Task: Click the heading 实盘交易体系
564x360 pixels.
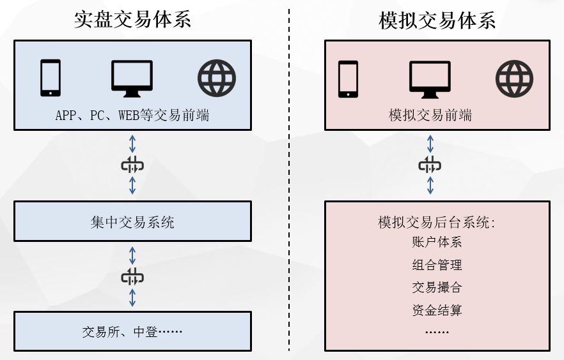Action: (x=132, y=20)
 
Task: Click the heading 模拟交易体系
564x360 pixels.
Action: (x=437, y=20)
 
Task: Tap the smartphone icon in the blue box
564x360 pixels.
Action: (x=51, y=78)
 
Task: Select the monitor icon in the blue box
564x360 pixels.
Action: (x=132, y=79)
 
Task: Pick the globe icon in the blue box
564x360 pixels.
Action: (x=217, y=79)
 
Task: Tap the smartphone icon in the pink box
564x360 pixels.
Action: (x=348, y=79)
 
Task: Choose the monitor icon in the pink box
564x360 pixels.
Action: (x=430, y=79)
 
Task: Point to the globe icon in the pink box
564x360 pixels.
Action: (x=514, y=79)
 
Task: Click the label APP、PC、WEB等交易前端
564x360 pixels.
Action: (x=132, y=116)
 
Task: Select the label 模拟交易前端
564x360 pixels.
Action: (x=430, y=116)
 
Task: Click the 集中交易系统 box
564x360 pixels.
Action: (x=132, y=222)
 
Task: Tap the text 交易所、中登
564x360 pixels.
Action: (x=132, y=332)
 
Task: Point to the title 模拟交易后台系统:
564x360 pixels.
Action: (x=437, y=223)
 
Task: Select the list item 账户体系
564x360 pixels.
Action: (x=437, y=242)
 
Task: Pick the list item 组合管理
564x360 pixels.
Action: (x=437, y=265)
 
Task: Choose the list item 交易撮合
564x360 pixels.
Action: (x=437, y=288)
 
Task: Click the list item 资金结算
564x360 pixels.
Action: (x=437, y=311)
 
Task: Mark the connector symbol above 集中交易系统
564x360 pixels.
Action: (x=132, y=166)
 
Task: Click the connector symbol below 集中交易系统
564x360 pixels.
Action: (x=132, y=277)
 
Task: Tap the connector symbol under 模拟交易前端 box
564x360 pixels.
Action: (x=430, y=166)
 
